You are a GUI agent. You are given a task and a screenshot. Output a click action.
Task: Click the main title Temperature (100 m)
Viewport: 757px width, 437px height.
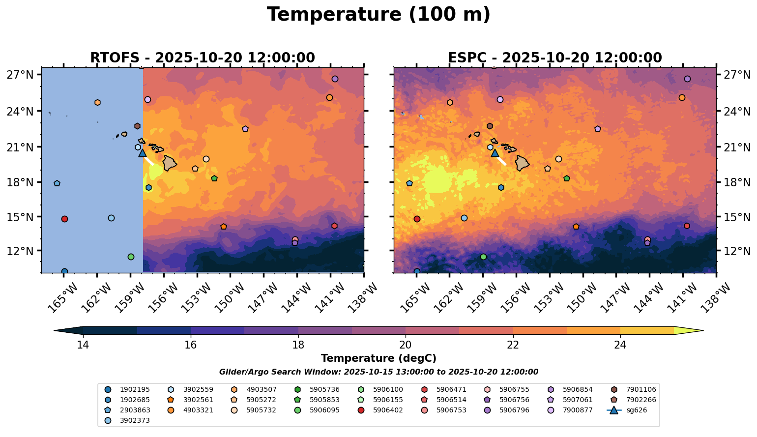tap(378, 15)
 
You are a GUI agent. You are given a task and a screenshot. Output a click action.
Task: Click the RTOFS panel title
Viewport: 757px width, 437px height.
tap(202, 58)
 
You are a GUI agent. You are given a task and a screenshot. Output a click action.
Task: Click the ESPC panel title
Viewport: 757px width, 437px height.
tap(555, 58)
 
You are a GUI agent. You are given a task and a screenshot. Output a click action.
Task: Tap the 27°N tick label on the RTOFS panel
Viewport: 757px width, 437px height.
tap(20, 75)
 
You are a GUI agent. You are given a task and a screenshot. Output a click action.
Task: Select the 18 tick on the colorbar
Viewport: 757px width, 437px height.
tap(298, 345)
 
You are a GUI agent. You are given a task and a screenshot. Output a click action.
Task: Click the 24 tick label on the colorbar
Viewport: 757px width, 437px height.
tap(620, 345)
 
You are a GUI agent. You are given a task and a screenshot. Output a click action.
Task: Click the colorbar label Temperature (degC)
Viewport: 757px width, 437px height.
tap(378, 358)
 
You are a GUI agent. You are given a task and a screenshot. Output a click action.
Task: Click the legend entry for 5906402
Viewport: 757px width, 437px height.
tap(388, 410)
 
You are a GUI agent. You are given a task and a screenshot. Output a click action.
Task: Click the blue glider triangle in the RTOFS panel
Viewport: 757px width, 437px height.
tap(143, 153)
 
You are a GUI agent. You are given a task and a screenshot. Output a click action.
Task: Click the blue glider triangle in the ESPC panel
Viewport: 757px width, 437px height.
tap(495, 153)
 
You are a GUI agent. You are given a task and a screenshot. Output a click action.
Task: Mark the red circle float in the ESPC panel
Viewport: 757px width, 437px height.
tap(417, 219)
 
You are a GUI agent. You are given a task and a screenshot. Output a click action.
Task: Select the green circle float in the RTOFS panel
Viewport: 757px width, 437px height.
tap(131, 257)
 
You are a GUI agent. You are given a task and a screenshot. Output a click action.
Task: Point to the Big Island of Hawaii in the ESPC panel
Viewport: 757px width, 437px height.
tap(522, 163)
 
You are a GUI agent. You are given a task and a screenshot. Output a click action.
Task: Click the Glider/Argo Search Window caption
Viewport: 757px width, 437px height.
tap(378, 372)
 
